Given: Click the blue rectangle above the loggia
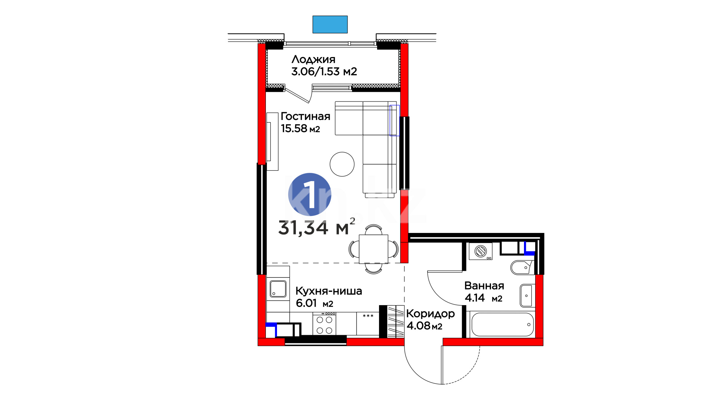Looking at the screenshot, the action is point(330,24).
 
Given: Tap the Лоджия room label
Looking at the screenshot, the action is point(313,59).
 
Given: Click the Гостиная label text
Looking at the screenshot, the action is point(305,116).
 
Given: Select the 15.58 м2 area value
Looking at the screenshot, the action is point(300,129).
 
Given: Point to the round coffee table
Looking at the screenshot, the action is point(342,164).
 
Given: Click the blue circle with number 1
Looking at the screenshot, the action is point(310,194).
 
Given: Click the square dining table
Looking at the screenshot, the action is point(373,249).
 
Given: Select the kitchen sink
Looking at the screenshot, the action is point(278,289).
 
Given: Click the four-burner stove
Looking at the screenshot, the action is point(324,324).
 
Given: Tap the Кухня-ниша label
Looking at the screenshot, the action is point(329,291).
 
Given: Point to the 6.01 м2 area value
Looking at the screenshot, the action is point(314,303).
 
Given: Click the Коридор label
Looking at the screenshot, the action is point(431,314).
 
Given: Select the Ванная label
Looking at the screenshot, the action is point(484,286).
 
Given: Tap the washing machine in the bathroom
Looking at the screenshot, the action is point(481,251).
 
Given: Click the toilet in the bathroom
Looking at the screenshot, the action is point(522,267).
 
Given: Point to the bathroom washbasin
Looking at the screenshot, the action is point(527,296).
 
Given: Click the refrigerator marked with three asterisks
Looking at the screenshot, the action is point(368,324).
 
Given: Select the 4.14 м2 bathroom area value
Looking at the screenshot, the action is point(484,298).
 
